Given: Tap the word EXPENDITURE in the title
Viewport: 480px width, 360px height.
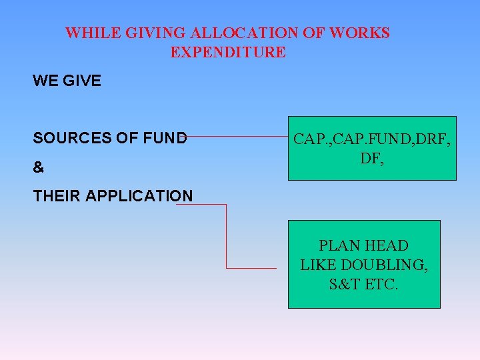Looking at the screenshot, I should tap(228, 52).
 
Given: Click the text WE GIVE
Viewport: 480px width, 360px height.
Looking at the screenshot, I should tap(67, 81).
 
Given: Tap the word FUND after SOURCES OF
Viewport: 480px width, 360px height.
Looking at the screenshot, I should tap(165, 139).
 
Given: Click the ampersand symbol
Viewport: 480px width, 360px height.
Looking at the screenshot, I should tap(39, 168).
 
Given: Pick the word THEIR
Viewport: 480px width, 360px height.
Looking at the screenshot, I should tap(57, 196).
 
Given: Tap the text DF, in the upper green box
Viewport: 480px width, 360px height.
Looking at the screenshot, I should tap(371, 159).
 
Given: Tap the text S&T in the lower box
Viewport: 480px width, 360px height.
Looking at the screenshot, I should tap(345, 285).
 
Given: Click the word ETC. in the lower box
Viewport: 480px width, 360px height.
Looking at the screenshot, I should tap(381, 285).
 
